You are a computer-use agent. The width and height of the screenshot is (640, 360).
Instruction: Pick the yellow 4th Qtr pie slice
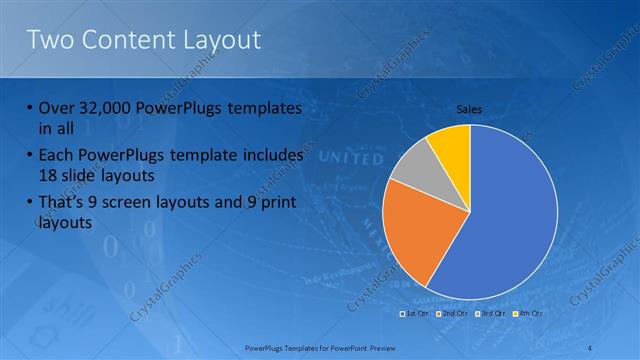[x=451, y=144]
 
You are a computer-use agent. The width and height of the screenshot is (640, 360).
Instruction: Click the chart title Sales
[x=469, y=108]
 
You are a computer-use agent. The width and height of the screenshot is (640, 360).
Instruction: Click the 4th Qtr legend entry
[x=527, y=313]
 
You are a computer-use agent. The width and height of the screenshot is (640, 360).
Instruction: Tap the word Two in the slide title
[x=49, y=40]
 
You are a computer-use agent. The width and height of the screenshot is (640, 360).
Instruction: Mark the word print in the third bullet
[x=286, y=203]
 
